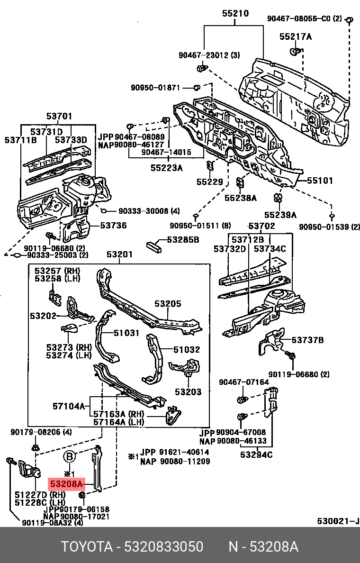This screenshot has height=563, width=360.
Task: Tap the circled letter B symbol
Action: (70, 457)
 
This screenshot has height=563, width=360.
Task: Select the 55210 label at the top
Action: (235, 14)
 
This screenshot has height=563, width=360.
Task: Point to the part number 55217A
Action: (295, 36)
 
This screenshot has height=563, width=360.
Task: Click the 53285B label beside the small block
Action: (182, 240)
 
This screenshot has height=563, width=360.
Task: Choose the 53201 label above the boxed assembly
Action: (119, 255)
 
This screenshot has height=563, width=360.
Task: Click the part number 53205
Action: (168, 304)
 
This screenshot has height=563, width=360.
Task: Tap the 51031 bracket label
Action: (126, 333)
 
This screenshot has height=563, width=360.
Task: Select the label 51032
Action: (186, 350)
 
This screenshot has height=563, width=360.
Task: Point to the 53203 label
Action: (188, 392)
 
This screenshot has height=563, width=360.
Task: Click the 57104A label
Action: (68, 406)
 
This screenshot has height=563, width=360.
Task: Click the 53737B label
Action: (307, 340)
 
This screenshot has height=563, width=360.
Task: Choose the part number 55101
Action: (320, 181)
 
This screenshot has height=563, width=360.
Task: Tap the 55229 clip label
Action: (210, 181)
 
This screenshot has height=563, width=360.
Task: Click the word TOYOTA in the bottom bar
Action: (85, 547)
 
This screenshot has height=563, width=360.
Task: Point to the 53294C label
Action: (256, 455)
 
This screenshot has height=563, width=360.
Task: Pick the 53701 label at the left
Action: (59, 116)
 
